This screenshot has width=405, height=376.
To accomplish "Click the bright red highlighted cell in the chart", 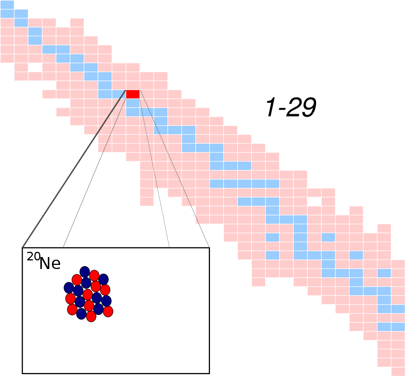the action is point(133,94).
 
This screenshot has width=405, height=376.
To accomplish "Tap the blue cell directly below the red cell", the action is point(133,103).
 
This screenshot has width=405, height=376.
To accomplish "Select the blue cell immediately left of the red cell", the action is point(119,94).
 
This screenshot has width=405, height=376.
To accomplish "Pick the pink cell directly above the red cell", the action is point(133,85).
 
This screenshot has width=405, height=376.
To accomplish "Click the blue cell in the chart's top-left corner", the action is point(7,4).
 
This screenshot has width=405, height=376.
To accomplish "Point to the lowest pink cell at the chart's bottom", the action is point(398,372).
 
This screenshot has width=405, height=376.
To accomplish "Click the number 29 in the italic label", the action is point(301,107).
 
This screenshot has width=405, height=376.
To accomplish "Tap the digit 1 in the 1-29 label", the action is point(272,107).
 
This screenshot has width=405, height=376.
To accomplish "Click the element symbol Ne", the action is point(50,263).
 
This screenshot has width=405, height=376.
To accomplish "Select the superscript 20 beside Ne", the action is point(34,257).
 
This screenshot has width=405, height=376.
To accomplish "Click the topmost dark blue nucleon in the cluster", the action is point(85,272).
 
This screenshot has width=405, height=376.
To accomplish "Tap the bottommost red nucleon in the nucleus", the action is point(91,316).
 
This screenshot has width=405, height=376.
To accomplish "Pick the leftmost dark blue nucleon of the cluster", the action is point(69,288).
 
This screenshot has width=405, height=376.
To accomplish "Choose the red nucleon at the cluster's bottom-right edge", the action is point(108,311).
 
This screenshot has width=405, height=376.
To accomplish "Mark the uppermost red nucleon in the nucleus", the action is point(94,276).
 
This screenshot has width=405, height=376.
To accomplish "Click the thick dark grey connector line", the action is point(74,169).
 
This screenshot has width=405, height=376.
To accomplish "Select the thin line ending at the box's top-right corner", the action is point(174,169).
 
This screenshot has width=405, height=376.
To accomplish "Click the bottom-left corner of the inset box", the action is point(22,373).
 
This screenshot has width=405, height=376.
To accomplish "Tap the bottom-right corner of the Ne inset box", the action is point(209,373).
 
